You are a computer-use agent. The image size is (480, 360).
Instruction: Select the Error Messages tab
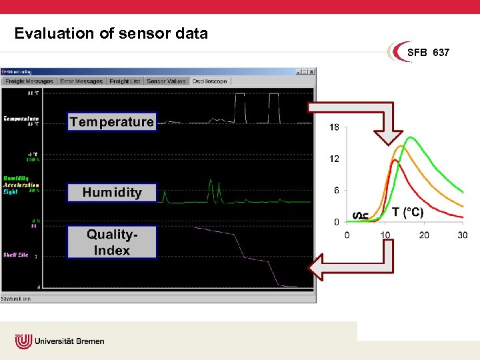coord(81,81)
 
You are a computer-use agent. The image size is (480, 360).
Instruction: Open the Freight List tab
coord(125,81)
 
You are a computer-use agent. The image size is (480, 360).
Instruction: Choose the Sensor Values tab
coord(166,81)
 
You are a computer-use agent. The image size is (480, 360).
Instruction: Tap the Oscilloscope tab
coord(210,81)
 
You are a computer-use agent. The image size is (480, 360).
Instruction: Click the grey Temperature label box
coord(112,121)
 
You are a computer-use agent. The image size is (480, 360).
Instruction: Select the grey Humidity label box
coord(112,193)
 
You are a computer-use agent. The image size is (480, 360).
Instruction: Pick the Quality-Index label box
coord(112,242)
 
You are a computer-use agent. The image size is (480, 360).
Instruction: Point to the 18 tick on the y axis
coord(334,127)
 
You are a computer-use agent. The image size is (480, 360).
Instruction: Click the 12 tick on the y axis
coord(334,159)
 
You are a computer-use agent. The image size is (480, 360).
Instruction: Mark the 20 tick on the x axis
coord(424,235)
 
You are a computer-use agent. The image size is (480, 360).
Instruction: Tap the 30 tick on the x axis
coord(462,235)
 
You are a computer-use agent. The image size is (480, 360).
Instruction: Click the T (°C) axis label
coord(407,212)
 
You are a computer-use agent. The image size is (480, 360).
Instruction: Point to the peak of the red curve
coord(394,160)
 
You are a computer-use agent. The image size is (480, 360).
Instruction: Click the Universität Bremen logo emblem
coord(23,341)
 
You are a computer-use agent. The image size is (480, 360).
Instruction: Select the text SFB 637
coord(428,53)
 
